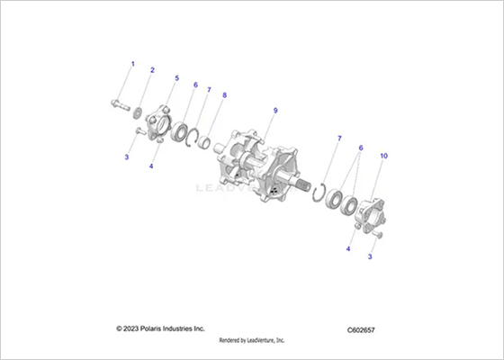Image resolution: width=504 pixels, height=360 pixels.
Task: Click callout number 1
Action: (133, 64)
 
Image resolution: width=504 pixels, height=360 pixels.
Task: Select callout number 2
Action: (152, 70)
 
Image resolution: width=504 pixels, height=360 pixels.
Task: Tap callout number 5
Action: (176, 78)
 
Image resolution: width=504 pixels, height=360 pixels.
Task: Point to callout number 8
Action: (224, 95)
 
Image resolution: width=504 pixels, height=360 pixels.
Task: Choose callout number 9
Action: (275, 111)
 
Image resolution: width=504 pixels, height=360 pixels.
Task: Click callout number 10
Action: (383, 156)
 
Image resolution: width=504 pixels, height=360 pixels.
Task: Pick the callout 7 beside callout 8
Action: (209, 90)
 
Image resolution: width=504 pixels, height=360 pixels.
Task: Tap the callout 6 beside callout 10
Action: (361, 148)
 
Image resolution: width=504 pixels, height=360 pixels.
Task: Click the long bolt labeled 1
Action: (121, 104)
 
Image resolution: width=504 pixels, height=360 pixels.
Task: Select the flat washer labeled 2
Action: (139, 113)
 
